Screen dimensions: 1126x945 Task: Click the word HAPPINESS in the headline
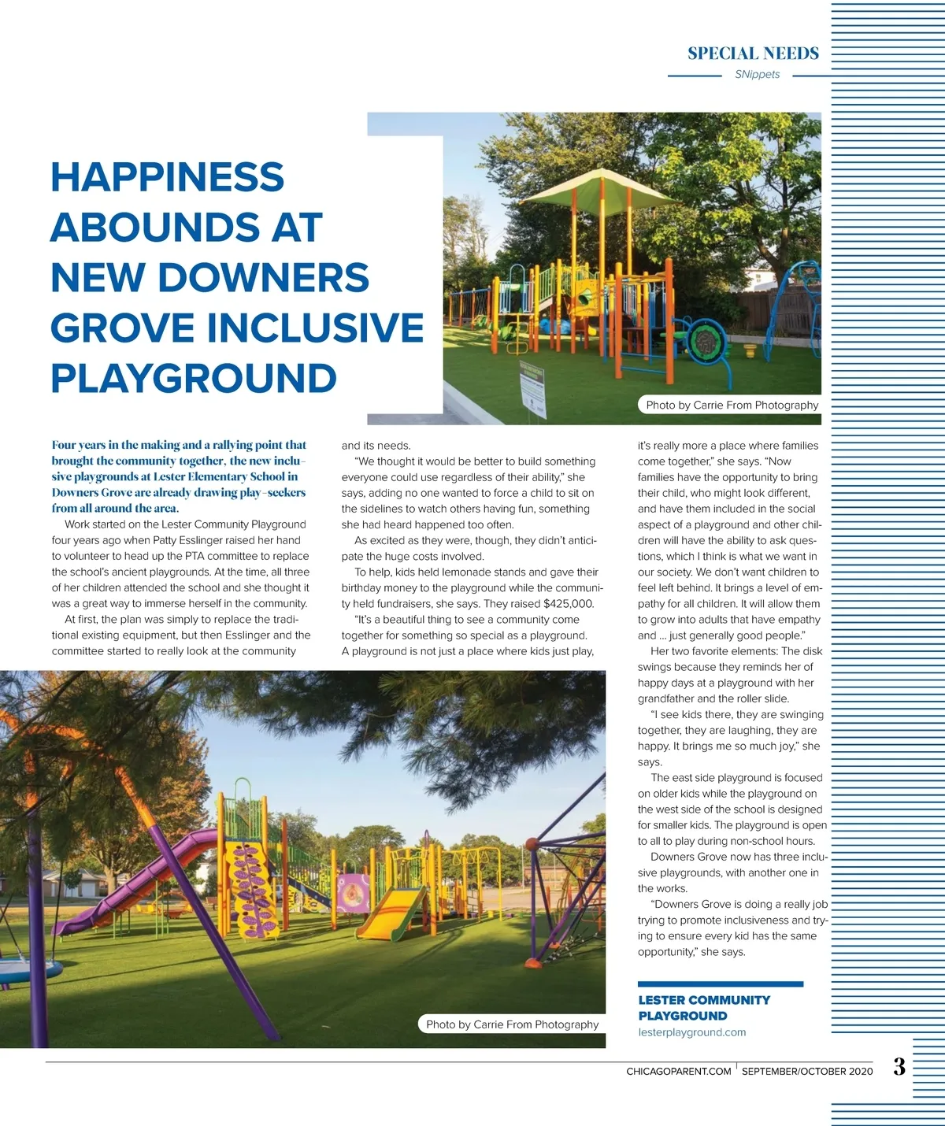click(x=167, y=177)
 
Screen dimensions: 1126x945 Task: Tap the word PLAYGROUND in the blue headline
click(x=194, y=379)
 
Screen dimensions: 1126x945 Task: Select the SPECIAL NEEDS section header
click(x=753, y=54)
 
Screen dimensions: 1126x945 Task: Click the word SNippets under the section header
click(x=757, y=75)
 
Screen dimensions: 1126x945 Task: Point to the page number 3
click(x=899, y=1067)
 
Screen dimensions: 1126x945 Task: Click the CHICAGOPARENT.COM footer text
click(x=678, y=1072)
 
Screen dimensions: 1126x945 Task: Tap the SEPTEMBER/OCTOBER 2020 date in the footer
click(x=806, y=1072)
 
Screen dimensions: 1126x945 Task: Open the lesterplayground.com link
click(x=691, y=1032)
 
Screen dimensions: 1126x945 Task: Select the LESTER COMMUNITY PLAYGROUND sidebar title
click(x=703, y=1008)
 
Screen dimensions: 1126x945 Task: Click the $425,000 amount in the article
click(x=569, y=604)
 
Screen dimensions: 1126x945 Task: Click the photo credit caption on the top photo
click(x=732, y=405)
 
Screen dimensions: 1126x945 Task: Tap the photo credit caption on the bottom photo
click(x=512, y=1024)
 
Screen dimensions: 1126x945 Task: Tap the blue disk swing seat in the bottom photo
click(x=28, y=969)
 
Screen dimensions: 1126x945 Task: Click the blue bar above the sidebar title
click(x=720, y=983)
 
